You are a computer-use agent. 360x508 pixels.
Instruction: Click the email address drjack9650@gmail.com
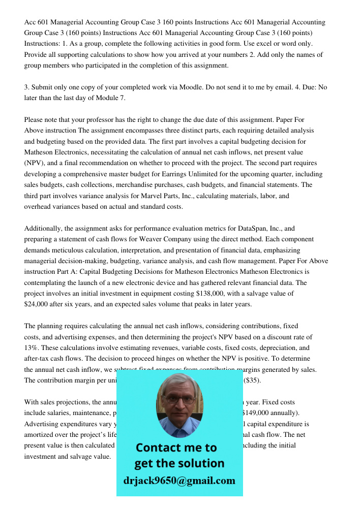[179, 481]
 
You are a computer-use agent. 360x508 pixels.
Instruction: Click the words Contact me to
[176, 448]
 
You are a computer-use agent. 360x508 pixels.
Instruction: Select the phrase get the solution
[179, 463]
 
